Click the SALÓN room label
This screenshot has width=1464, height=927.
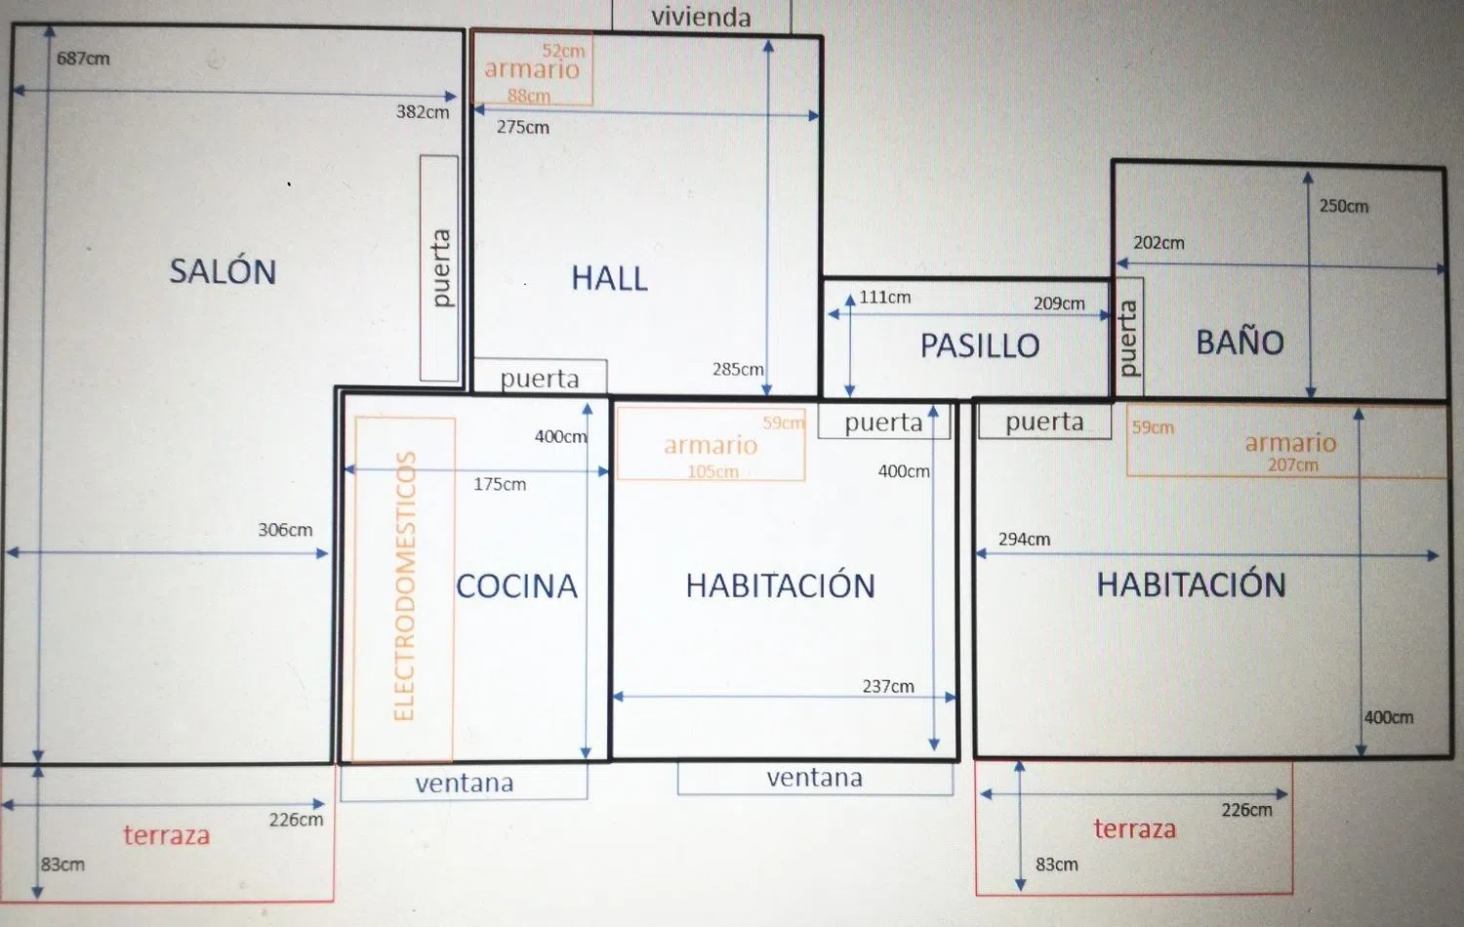tap(223, 270)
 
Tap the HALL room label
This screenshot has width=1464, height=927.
tap(610, 278)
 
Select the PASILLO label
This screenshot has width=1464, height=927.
tap(980, 345)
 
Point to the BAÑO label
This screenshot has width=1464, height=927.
tap(1240, 341)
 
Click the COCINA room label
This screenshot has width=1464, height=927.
tap(517, 586)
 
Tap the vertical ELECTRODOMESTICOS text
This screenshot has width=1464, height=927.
tap(405, 586)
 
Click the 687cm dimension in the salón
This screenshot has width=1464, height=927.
tap(83, 59)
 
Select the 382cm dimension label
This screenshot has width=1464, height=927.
tap(423, 111)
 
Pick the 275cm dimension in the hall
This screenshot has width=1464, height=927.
tap(523, 127)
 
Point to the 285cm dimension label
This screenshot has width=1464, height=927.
tap(738, 369)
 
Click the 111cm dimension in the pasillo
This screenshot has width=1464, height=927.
tap(885, 298)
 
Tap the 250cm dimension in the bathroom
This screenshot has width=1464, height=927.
tap(1344, 206)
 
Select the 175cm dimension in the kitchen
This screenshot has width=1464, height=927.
tap(500, 484)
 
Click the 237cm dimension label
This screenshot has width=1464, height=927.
tap(888, 686)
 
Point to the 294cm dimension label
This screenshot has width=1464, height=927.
tap(1024, 539)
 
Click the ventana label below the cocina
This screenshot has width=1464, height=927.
tap(465, 783)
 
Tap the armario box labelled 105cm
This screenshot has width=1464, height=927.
tap(712, 444)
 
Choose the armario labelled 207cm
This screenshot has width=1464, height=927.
tap(1287, 440)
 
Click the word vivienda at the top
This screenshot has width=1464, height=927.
tap(702, 17)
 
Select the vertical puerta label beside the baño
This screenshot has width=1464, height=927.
tap(1128, 338)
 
